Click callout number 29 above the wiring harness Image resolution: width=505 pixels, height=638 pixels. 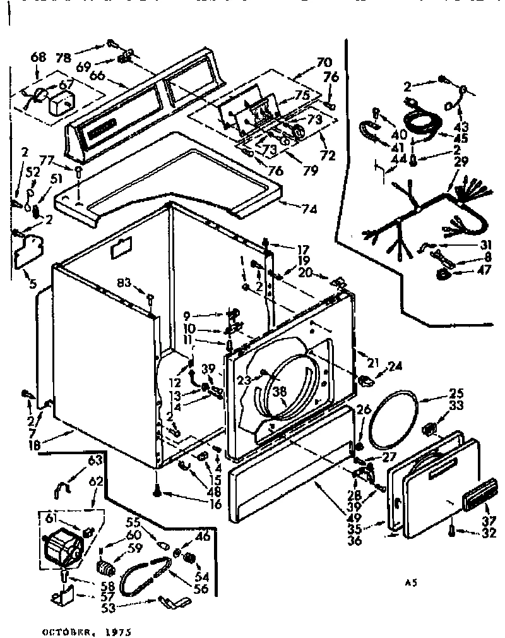pos(460,162)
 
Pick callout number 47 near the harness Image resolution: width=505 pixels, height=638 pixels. pos(466,272)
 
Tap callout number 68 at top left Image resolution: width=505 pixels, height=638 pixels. pos(38,57)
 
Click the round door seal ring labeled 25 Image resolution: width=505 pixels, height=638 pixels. pos(392,422)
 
